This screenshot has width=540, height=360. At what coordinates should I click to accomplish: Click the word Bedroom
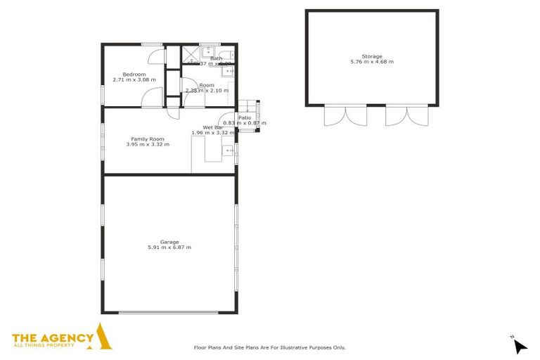[134, 75]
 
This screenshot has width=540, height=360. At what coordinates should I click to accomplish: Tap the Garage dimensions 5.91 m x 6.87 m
[169, 247]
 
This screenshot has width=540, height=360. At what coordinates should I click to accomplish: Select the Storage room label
[372, 56]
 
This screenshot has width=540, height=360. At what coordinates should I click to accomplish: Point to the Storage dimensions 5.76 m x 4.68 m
[372, 62]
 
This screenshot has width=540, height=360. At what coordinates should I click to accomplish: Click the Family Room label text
[148, 139]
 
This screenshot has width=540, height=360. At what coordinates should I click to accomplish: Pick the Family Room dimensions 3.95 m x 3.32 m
[148, 145]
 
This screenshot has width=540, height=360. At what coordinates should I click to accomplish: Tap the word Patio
[245, 118]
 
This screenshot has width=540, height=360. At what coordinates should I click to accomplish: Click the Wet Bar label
[204, 127]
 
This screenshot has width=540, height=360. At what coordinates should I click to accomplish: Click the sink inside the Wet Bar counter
[229, 150]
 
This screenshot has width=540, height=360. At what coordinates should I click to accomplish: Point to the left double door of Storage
[345, 115]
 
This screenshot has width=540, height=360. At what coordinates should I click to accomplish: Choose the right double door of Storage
[406, 115]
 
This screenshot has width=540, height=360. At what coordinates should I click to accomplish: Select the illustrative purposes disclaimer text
[270, 347]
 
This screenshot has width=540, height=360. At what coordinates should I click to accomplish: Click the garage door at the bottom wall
[168, 312]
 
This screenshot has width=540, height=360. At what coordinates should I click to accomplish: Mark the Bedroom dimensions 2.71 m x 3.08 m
[134, 80]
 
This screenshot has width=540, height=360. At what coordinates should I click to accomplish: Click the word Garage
[169, 242]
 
